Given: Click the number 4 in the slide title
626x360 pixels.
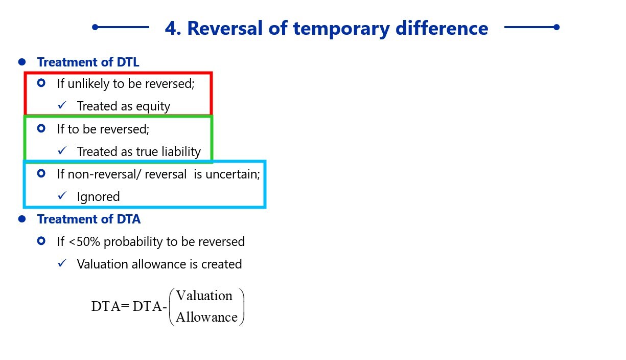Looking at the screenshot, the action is [x=171, y=28].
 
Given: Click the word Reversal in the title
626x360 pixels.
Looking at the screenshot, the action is [x=225, y=28].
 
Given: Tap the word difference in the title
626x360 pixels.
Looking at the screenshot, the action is [x=442, y=28].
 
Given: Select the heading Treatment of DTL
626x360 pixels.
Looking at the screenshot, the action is [x=88, y=62].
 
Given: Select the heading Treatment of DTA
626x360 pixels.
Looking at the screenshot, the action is [x=89, y=219].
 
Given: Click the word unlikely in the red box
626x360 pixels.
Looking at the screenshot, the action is [x=88, y=84].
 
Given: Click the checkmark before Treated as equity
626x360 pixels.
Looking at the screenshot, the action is [x=62, y=105].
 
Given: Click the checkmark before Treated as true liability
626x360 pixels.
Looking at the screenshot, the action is [x=62, y=150].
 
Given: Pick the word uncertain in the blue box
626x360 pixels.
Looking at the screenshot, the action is [x=233, y=174].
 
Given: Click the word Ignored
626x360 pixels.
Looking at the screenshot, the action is [x=98, y=197].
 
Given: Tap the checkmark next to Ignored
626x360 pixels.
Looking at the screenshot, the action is [x=62, y=195].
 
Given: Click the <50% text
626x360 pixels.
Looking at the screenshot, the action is [x=84, y=242].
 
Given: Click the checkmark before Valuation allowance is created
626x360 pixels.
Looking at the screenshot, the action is [x=62, y=263].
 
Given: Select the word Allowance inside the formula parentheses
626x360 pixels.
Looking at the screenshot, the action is [x=206, y=317].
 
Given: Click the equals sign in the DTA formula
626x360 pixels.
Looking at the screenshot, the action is [x=125, y=306].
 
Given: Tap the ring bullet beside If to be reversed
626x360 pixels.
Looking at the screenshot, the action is [x=41, y=128].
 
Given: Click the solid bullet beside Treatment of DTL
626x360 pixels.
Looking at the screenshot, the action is [x=22, y=62].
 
